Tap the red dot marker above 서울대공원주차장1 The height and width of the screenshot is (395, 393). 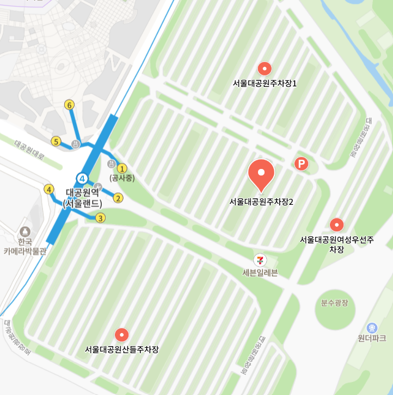click(x=265, y=68)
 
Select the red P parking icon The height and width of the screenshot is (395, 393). click(x=301, y=164)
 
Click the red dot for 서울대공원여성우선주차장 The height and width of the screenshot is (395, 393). click(x=337, y=225)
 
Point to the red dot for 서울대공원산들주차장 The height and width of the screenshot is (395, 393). click(x=121, y=335)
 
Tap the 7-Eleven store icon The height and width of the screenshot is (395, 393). click(x=261, y=260)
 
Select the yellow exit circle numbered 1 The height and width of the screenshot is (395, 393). click(x=122, y=168)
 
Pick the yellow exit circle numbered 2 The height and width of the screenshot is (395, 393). click(x=118, y=198)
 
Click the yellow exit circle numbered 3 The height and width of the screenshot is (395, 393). click(x=100, y=218)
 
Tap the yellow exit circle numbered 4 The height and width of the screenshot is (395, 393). click(x=50, y=190)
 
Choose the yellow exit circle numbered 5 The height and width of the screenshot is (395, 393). click(x=56, y=142)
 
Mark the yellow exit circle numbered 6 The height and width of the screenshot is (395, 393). click(x=69, y=105)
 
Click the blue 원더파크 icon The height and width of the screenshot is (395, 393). click(x=372, y=328)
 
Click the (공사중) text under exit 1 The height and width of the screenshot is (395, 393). click(x=122, y=178)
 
